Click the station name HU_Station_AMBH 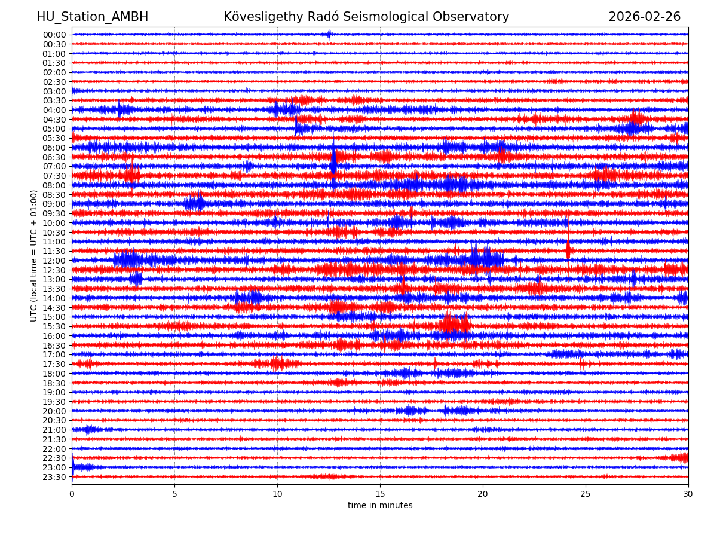pos(92,17)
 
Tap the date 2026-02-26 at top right pos(644,17)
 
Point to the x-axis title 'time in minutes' pos(380,506)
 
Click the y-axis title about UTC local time pos(34,256)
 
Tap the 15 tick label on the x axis pos(380,494)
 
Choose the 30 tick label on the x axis pos(688,494)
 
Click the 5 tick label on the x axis pos(174,494)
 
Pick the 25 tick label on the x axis pos(585,494)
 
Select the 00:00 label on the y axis pos(54,35)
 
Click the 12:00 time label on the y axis pos(54,261)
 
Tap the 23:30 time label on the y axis pos(54,477)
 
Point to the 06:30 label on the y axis pos(54,157)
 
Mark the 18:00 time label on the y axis pos(54,374)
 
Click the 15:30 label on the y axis pos(54,326)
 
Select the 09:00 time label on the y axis pos(54,204)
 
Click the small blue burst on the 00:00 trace pos(329,34)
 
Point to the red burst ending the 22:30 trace pos(680,458)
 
